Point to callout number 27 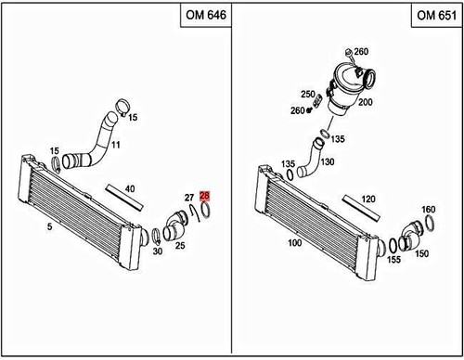[x=188, y=198]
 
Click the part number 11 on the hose [x=116, y=146]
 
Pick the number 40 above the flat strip [x=130, y=189]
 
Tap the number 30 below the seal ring [x=157, y=251]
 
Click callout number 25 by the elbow [x=181, y=246]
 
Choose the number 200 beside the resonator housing [x=366, y=102]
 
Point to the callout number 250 [x=307, y=95]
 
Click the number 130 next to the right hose [x=327, y=161]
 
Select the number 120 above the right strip [x=367, y=199]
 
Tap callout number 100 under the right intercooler [x=296, y=243]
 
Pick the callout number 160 [x=429, y=210]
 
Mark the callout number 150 [x=422, y=252]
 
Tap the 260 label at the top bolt [x=361, y=51]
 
